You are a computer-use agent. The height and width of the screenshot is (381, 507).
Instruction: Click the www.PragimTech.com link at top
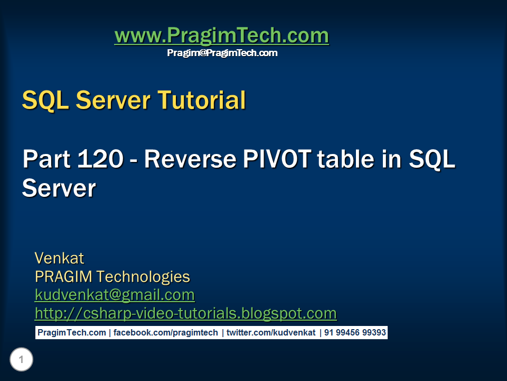pos(221,36)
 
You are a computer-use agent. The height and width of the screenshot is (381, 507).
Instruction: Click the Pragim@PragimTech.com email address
pos(222,53)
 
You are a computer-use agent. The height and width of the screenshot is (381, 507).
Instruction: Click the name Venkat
pos(59,258)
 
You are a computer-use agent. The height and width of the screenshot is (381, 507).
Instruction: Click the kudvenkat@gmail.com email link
pos(115,295)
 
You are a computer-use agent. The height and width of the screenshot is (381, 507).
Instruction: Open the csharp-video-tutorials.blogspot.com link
pos(185,313)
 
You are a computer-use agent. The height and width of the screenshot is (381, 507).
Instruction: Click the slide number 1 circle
pos(21,360)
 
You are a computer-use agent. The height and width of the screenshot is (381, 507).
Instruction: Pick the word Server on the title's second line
pos(59,188)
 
